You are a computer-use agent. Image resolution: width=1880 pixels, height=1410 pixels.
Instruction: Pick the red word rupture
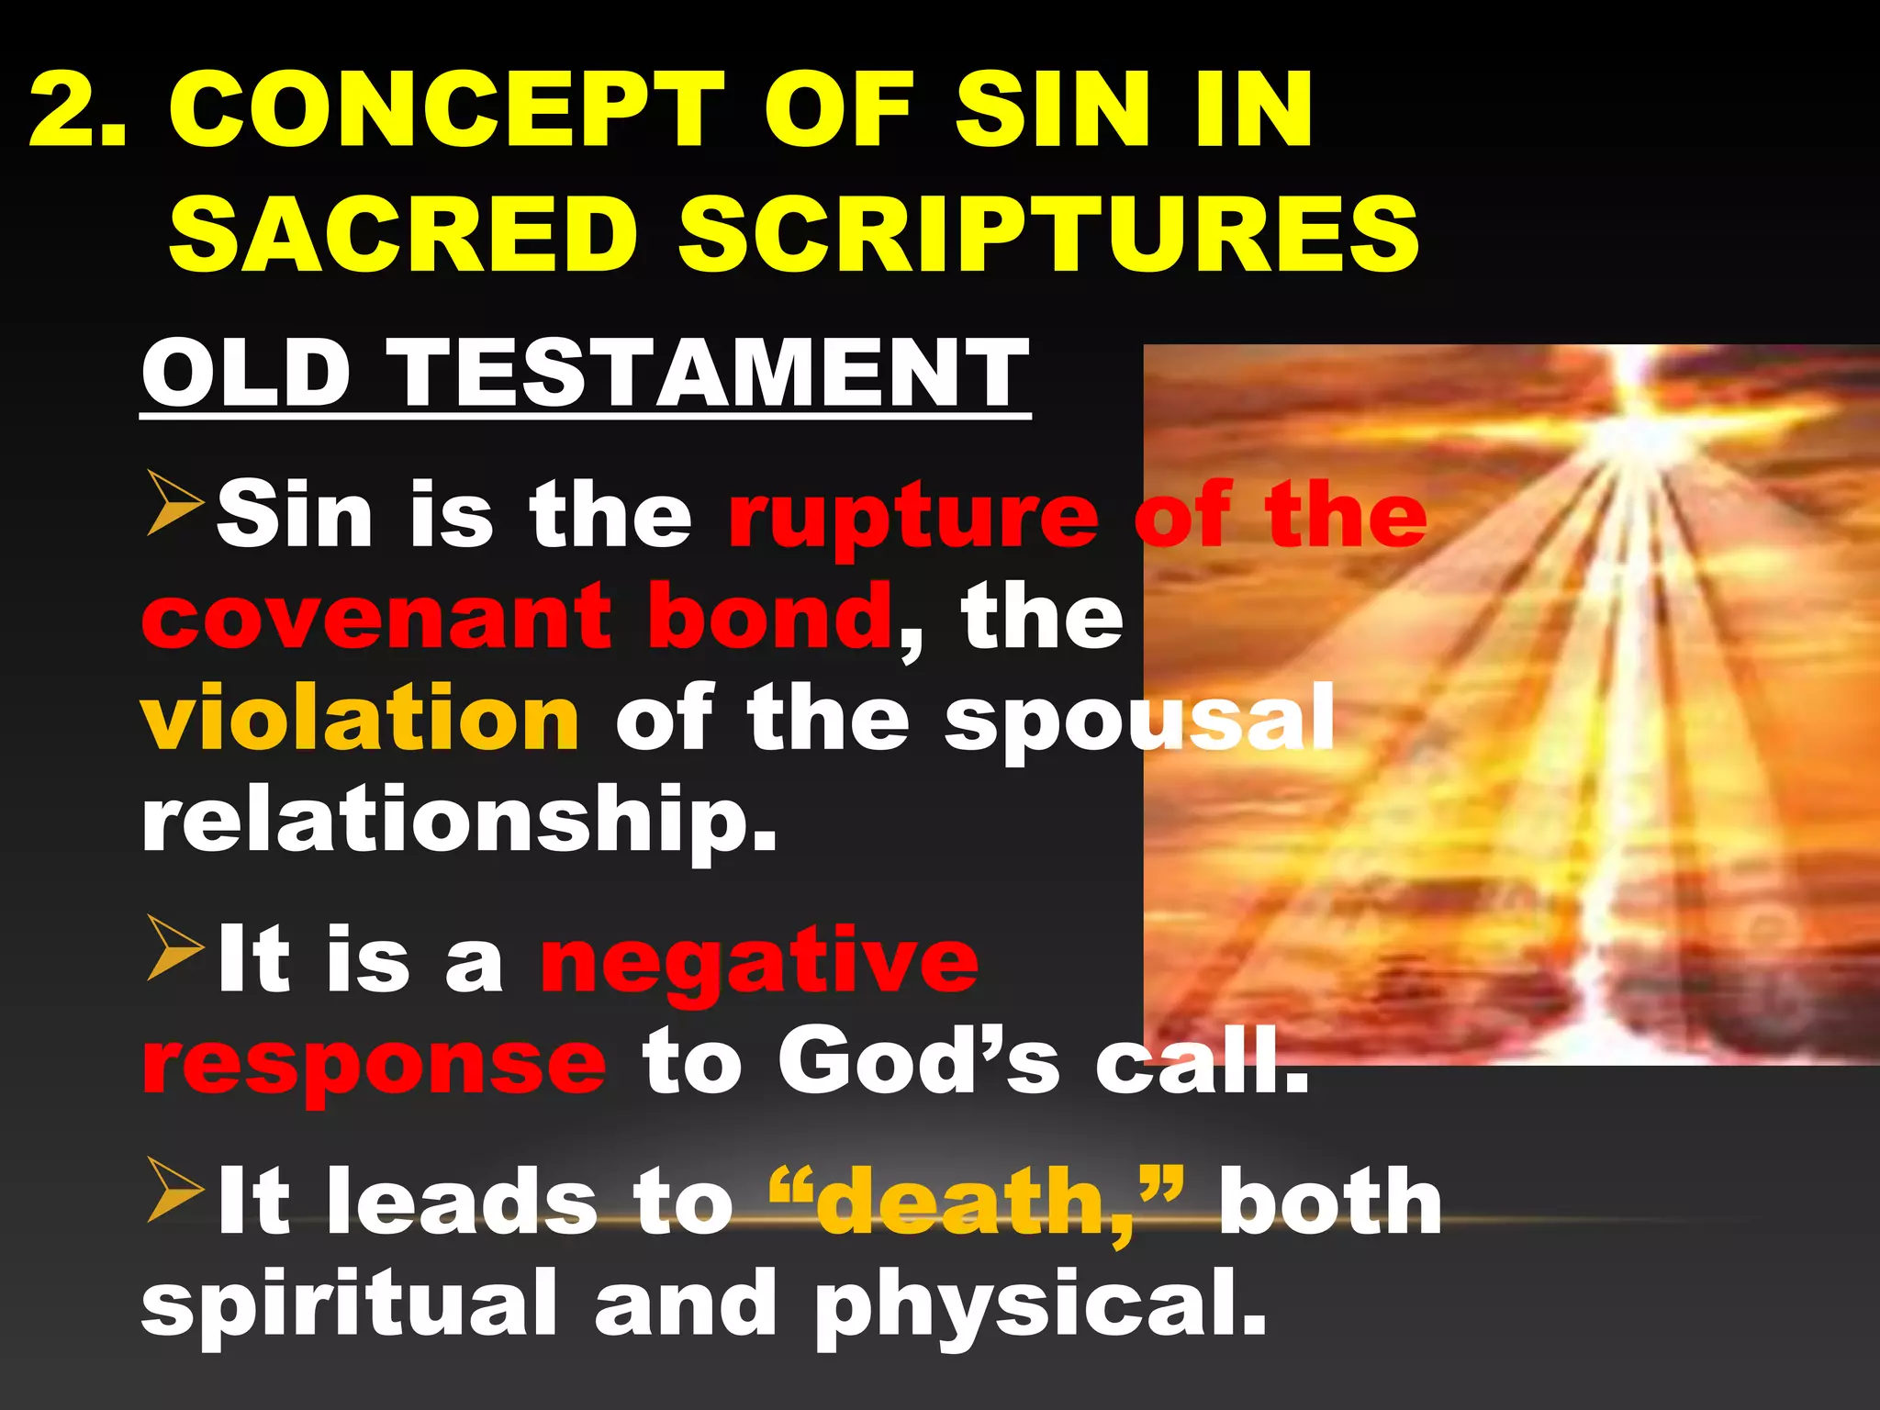coord(912,516)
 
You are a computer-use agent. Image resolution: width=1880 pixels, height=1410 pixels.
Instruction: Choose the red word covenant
coord(377,616)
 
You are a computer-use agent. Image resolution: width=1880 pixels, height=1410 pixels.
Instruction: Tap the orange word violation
coord(360,718)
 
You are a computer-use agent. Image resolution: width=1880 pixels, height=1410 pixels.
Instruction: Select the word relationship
coord(459,820)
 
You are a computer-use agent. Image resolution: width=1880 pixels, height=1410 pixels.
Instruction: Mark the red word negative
coord(759,961)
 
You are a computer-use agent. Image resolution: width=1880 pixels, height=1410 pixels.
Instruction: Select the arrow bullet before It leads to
coord(174,1191)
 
